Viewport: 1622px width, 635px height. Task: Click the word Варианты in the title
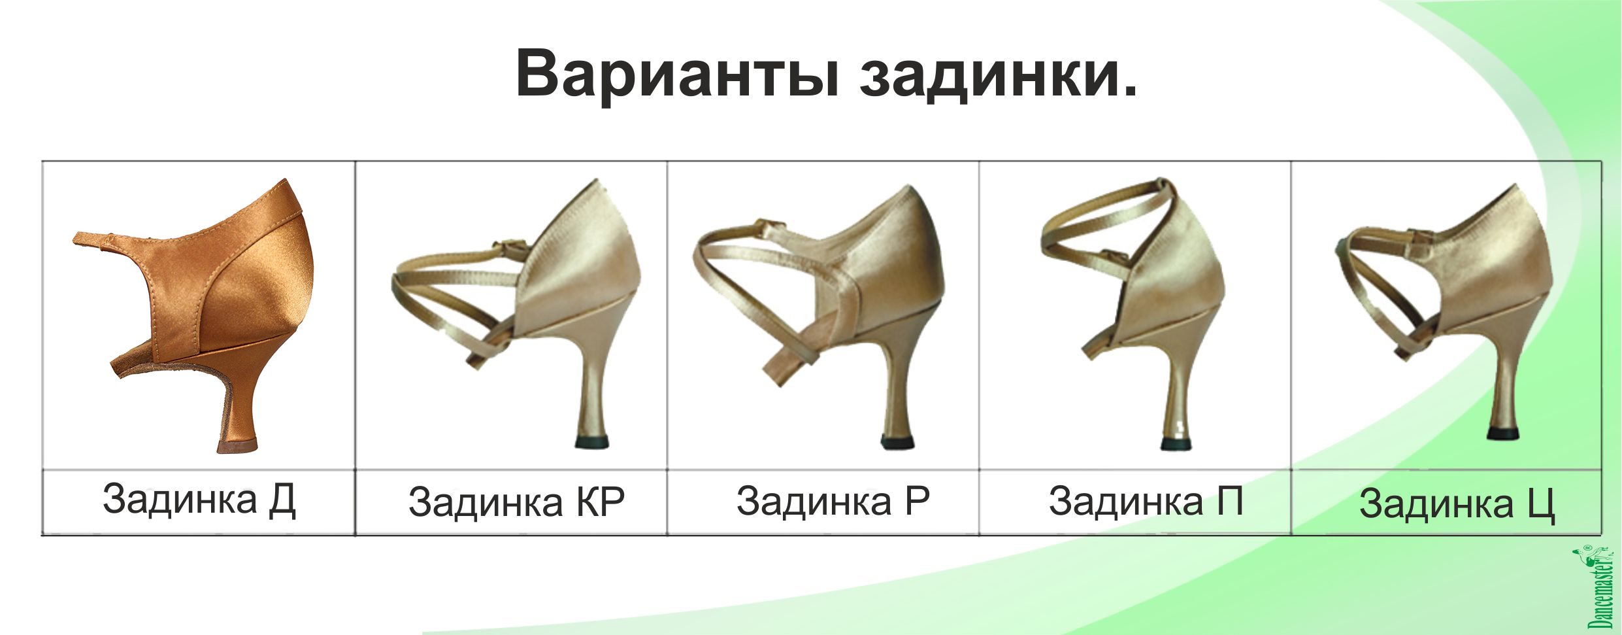pos(678,74)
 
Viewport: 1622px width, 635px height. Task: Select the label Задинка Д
pos(199,500)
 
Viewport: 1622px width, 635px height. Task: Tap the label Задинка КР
pos(516,502)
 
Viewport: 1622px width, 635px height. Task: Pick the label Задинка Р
pos(833,501)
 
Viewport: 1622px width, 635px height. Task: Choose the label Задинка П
pos(1146,501)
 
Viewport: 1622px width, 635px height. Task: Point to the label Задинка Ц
pos(1457,504)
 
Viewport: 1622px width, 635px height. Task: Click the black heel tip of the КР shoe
pos(592,441)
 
